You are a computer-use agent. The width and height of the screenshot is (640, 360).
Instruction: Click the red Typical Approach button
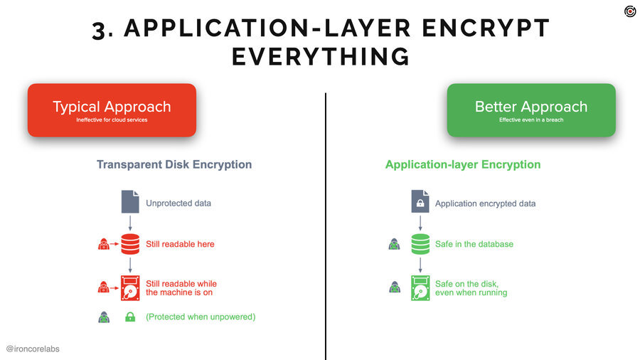(112, 110)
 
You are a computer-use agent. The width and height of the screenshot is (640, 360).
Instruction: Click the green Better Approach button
(531, 110)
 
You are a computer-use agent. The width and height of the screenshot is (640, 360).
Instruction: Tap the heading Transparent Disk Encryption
(174, 164)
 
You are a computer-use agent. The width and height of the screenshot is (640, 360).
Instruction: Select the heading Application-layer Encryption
(463, 164)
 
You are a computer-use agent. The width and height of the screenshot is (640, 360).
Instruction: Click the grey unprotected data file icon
(130, 202)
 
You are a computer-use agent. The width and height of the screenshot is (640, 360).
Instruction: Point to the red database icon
(130, 244)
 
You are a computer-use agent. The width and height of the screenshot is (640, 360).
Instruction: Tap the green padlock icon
(130, 317)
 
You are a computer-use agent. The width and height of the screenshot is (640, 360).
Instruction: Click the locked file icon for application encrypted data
(420, 203)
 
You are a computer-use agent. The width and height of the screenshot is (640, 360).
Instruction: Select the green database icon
(420, 244)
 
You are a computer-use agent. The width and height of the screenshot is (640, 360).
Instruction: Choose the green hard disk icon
(420, 287)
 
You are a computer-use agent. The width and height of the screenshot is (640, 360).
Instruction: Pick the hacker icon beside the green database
(394, 244)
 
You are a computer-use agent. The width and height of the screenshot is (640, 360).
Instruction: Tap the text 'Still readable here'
(180, 244)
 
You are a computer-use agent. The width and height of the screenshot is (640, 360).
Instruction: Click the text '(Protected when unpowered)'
(200, 317)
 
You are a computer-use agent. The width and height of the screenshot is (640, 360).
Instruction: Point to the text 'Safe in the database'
(474, 244)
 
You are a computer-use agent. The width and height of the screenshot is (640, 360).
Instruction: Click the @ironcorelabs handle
(38, 349)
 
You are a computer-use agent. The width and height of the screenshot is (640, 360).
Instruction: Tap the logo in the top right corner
(630, 11)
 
